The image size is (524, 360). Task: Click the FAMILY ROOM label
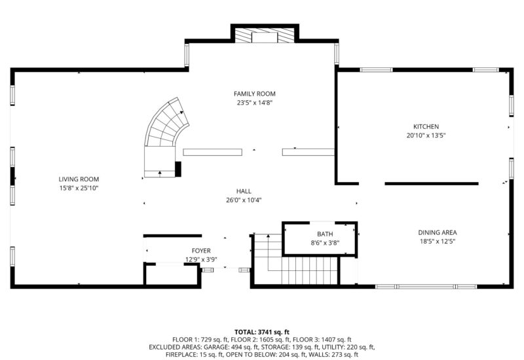254,94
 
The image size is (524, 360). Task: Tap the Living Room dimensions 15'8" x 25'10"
79,188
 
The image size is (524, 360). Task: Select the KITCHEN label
426,126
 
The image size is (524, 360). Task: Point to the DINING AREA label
438,232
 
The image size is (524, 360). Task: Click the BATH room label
325,234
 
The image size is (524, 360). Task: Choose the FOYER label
201,251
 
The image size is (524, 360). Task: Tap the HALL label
244,191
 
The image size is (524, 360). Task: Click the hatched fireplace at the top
265,35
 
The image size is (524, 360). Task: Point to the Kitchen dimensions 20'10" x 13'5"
426,135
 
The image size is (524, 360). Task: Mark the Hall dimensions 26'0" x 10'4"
244,200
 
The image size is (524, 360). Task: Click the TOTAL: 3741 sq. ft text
261,332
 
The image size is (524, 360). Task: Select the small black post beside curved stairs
178,169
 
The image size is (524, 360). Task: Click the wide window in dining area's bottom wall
426,287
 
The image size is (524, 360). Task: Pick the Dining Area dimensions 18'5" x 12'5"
438,242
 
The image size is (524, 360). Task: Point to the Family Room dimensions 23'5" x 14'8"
255,103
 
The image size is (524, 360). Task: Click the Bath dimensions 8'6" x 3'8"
325,243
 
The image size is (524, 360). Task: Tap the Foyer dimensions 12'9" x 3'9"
201,259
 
